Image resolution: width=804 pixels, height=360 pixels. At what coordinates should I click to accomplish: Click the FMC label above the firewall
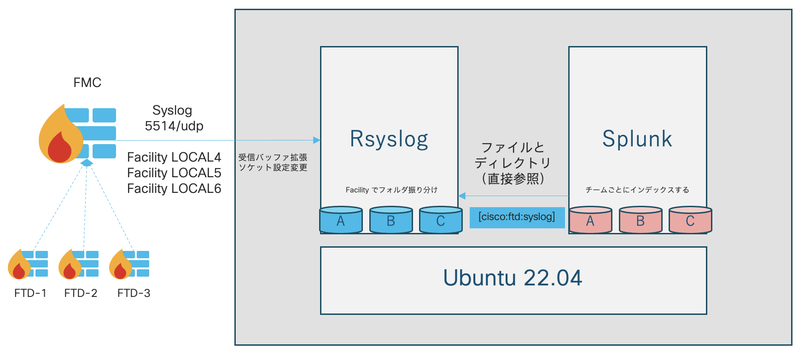(x=87, y=82)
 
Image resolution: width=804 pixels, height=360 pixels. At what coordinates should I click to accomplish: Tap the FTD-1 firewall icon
(x=28, y=264)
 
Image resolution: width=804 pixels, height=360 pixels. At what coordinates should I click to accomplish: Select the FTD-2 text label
(x=81, y=293)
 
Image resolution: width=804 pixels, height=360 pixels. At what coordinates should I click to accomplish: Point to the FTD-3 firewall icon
(x=129, y=264)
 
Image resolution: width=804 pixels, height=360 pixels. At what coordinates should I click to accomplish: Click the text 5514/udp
(x=174, y=126)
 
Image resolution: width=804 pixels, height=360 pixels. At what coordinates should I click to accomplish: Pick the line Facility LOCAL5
(x=174, y=173)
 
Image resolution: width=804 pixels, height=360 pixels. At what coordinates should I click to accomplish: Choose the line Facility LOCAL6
(x=174, y=188)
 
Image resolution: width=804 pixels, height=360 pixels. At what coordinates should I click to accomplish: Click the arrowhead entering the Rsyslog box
(x=317, y=140)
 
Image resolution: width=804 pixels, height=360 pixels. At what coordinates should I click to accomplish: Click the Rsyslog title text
(x=389, y=139)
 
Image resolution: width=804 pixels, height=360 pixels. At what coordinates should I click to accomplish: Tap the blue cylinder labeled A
(x=341, y=220)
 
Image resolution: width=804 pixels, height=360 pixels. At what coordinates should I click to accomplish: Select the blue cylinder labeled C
(x=441, y=220)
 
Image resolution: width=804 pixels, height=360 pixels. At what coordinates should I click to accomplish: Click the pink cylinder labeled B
(x=640, y=220)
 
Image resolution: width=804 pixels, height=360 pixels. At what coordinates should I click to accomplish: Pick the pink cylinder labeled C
(x=690, y=220)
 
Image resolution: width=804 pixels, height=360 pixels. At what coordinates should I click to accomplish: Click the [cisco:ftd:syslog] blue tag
(x=517, y=217)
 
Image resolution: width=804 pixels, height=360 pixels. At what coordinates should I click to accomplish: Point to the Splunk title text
(x=637, y=139)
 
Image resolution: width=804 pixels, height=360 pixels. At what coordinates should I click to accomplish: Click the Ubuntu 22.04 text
(x=513, y=278)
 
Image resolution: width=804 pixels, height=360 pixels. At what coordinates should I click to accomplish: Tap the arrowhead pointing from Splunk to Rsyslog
(x=462, y=196)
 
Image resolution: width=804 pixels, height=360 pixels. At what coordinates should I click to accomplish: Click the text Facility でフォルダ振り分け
(x=391, y=190)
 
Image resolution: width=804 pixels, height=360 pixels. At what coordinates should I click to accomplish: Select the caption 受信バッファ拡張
(x=273, y=157)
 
